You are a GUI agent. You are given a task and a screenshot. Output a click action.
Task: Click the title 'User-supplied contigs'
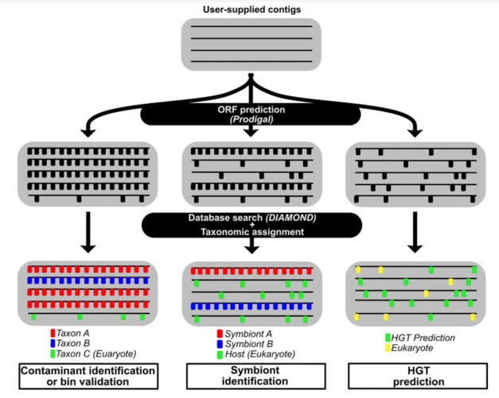tap(251, 10)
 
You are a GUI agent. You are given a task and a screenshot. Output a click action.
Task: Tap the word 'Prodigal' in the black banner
tap(251, 119)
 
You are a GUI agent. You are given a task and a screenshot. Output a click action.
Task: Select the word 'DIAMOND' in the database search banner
tap(290, 218)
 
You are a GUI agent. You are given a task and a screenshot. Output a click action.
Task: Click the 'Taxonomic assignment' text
tap(252, 232)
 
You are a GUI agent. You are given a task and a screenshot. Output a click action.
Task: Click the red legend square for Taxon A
tap(53, 333)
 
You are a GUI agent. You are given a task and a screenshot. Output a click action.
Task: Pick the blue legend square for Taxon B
tap(53, 343)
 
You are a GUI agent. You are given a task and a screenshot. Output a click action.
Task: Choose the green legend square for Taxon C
tap(53, 354)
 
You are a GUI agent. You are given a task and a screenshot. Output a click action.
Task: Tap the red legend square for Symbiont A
tap(220, 334)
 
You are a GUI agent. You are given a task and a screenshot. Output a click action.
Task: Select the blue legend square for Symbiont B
tap(220, 344)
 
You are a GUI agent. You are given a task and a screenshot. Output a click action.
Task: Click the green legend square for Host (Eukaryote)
tap(220, 355)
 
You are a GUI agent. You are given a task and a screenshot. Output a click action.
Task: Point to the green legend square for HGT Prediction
tap(388, 338)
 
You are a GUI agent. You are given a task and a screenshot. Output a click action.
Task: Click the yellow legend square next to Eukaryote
tap(388, 348)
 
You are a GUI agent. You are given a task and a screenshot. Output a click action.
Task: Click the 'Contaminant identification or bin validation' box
tap(88, 376)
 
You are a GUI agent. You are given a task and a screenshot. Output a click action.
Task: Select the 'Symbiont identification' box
tap(255, 376)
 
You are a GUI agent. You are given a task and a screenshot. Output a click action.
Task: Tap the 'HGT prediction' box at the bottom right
tap(418, 376)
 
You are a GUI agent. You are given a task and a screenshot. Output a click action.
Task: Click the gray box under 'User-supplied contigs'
tap(251, 44)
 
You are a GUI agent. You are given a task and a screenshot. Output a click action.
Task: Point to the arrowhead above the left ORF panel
tap(88, 133)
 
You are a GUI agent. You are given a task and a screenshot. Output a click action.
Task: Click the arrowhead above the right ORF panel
tap(415, 133)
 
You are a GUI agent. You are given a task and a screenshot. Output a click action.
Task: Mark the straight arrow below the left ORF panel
tap(88, 233)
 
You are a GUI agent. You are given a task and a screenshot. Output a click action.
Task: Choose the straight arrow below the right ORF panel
tap(415, 233)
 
